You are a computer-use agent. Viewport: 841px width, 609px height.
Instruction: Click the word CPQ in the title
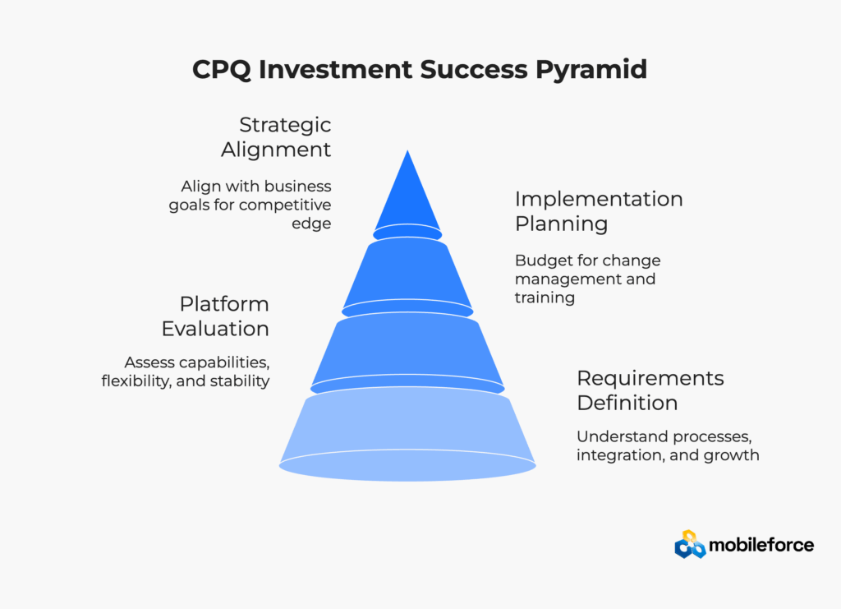(x=221, y=70)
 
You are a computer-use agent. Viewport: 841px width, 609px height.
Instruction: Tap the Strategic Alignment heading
(x=276, y=136)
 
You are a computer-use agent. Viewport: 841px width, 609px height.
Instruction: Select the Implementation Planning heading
(x=599, y=211)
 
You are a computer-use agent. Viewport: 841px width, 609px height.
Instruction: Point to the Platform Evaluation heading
(x=216, y=316)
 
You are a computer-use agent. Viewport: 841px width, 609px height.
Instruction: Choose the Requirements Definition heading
(x=650, y=390)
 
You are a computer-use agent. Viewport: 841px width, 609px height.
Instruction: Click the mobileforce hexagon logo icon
(x=690, y=545)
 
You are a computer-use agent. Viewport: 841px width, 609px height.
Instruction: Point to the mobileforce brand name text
(x=761, y=545)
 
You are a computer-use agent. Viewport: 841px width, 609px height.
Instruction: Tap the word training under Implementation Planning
(x=545, y=298)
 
